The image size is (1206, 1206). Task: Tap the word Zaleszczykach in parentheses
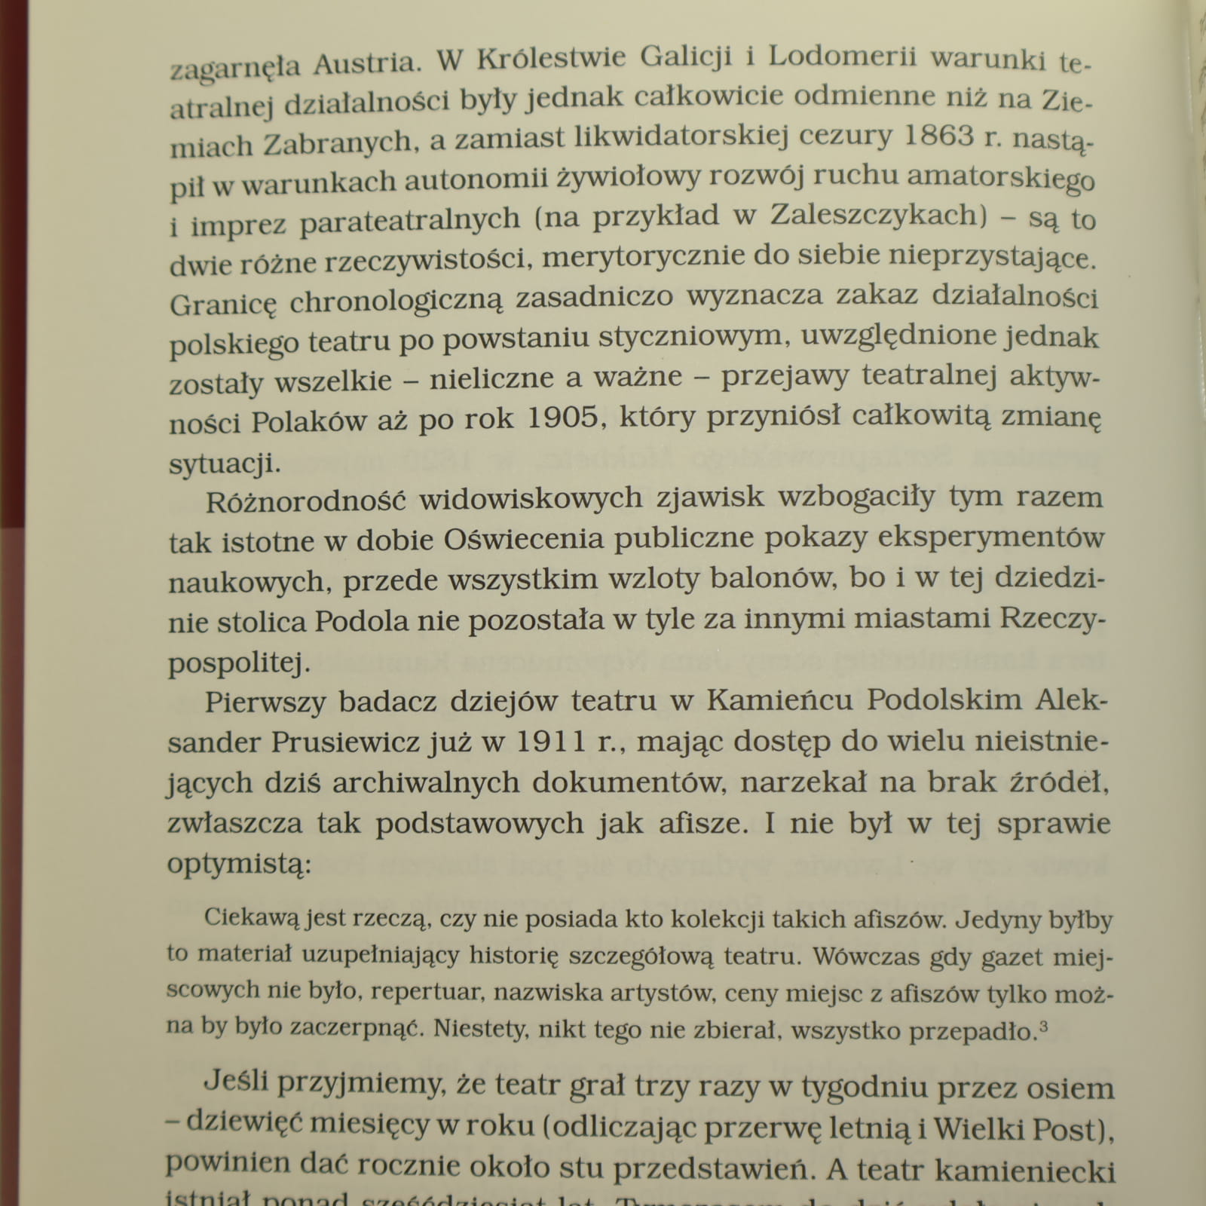(x=874, y=216)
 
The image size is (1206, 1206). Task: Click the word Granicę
(x=223, y=303)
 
